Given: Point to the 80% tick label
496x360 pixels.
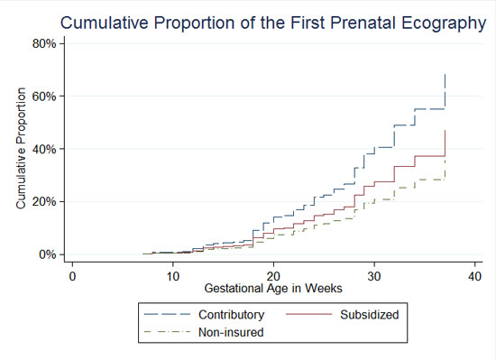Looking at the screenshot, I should click(x=45, y=42).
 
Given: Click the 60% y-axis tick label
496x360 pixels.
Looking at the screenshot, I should click(x=45, y=96).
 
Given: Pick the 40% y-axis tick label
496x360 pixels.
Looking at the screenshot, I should click(x=45, y=149).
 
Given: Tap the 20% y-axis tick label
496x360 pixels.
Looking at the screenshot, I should click(x=45, y=201).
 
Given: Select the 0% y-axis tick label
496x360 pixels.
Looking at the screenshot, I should click(x=48, y=254).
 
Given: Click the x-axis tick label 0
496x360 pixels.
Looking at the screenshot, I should click(x=72, y=275).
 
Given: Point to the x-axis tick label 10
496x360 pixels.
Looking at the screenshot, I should click(x=173, y=275).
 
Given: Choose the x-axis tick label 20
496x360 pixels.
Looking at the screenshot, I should click(x=274, y=275).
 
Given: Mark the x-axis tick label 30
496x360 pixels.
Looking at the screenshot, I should click(x=375, y=275).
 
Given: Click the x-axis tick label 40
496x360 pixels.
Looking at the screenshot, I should click(x=476, y=275).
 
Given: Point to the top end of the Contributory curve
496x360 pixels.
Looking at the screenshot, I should click(x=445, y=75).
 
